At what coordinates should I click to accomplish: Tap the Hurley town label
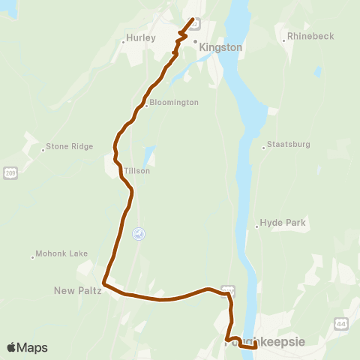click(141, 37)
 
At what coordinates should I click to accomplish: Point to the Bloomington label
click(174, 102)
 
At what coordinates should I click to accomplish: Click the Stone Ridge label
click(69, 147)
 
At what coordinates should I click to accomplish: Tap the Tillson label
click(137, 171)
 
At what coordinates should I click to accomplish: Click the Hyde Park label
click(283, 223)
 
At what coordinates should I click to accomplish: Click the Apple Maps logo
click(27, 347)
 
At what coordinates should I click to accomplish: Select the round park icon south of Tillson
click(139, 234)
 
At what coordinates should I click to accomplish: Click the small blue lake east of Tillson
click(148, 156)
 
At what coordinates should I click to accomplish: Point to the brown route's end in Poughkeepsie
click(255, 346)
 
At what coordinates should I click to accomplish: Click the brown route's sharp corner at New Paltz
click(104, 285)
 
